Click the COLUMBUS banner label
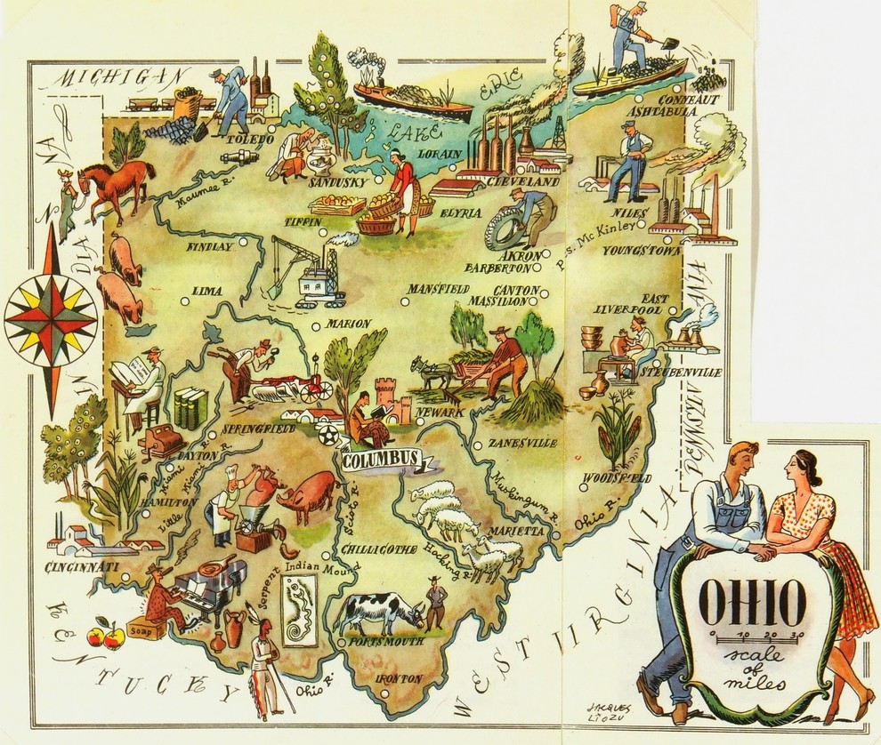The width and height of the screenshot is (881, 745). pyautogui.click(x=380, y=459)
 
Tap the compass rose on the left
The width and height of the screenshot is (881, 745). pyautogui.click(x=50, y=316)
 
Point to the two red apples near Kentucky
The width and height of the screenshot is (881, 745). pyautogui.click(x=105, y=636)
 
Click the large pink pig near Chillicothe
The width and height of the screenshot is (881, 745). pyautogui.click(x=307, y=494)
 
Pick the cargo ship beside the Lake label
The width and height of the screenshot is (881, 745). pyautogui.click(x=411, y=100)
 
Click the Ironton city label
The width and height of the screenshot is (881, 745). pyautogui.click(x=399, y=678)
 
